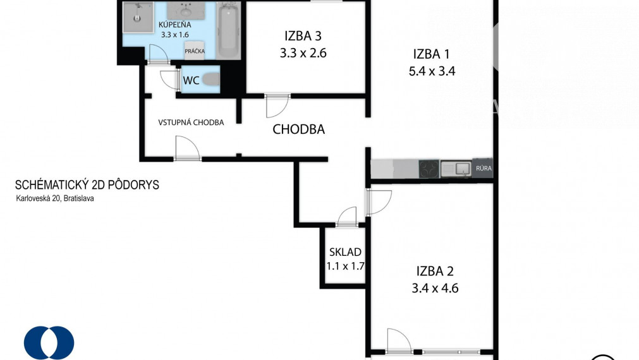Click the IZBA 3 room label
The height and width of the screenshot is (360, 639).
point(303,36)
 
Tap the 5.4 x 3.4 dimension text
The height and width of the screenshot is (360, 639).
point(432,71)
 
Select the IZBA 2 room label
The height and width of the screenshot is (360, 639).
point(435,271)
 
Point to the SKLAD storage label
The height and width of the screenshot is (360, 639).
point(345,252)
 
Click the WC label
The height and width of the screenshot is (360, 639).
point(191,80)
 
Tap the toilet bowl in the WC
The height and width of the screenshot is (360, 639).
point(211,80)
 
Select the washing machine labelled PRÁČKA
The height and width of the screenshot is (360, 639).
point(195,51)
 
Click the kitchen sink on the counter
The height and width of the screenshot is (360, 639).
point(456,168)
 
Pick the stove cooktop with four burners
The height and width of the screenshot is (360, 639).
point(429,169)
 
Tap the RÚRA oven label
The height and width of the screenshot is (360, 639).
point(484,168)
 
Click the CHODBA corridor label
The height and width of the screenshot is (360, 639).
point(299,129)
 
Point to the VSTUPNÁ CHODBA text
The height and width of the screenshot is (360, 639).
point(191,122)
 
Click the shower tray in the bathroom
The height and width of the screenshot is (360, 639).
point(138,17)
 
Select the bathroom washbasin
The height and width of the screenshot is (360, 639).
point(186,10)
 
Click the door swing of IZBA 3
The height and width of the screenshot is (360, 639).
point(277,106)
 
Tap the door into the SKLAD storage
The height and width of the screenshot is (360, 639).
point(347,217)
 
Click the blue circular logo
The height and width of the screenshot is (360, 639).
point(49,343)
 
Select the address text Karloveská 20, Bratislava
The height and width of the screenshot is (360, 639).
point(55,199)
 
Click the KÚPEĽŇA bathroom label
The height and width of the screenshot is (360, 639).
point(175,25)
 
